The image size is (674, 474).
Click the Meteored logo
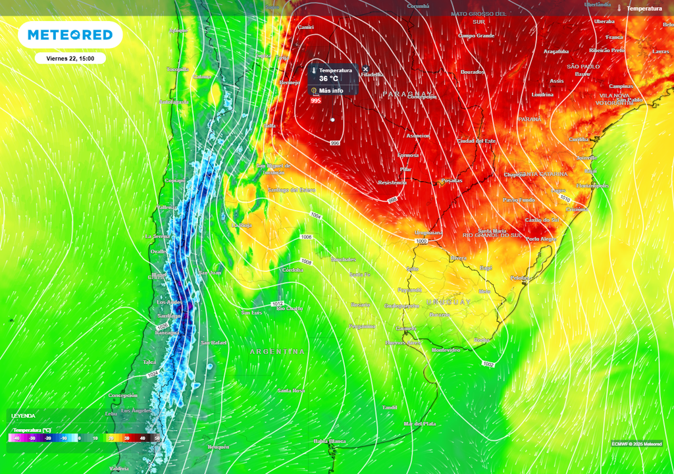[70, 35]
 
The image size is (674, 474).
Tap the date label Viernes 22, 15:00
[70, 59]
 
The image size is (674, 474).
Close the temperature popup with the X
[366, 69]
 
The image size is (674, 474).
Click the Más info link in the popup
[331, 91]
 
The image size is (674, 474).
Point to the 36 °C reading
[329, 78]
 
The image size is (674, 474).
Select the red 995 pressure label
[316, 101]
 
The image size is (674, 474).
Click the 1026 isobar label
[163, 327]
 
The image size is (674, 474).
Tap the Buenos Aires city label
[403, 342]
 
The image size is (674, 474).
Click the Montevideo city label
[446, 350]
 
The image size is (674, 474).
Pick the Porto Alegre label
[541, 239]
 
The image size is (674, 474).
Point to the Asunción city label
[417, 136]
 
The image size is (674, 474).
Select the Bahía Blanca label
[330, 440]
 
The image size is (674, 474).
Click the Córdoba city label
[292, 270]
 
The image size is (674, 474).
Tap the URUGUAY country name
[449, 302]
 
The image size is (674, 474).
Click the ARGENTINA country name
[277, 352]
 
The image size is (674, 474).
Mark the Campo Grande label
[476, 36]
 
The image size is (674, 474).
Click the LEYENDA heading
[24, 416]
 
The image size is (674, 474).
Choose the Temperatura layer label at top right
[644, 9]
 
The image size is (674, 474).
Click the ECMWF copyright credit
[636, 443]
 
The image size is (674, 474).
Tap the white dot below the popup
[332, 120]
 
